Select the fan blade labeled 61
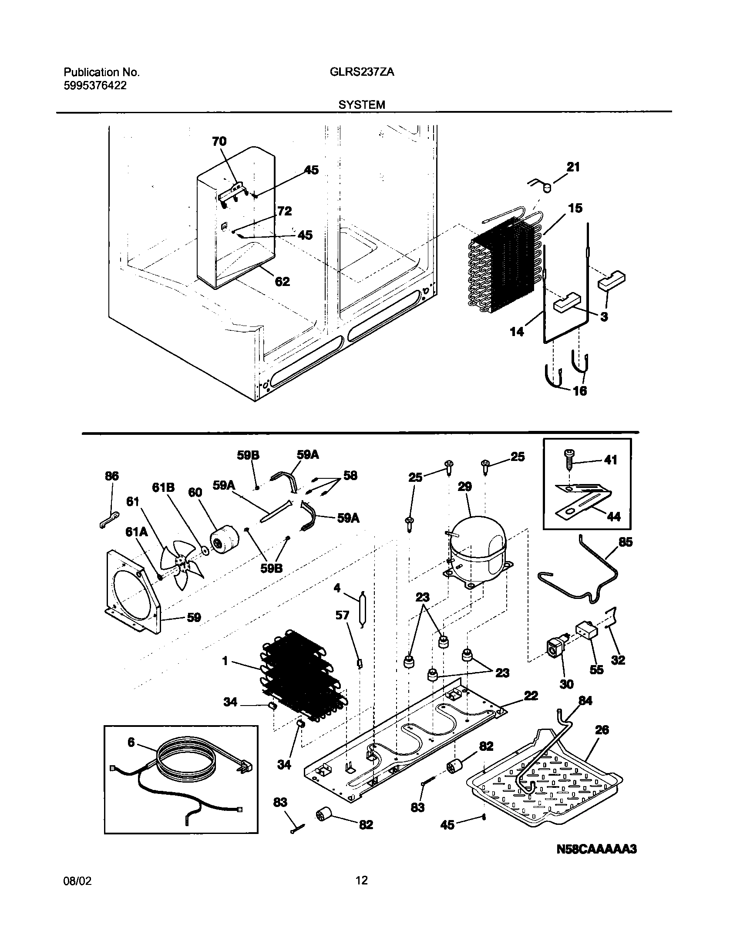[180, 564]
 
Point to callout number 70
[219, 141]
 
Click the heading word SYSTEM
[362, 105]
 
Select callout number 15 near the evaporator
[575, 208]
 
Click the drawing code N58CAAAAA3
[596, 849]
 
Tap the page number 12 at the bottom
[361, 893]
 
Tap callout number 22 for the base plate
[531, 696]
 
